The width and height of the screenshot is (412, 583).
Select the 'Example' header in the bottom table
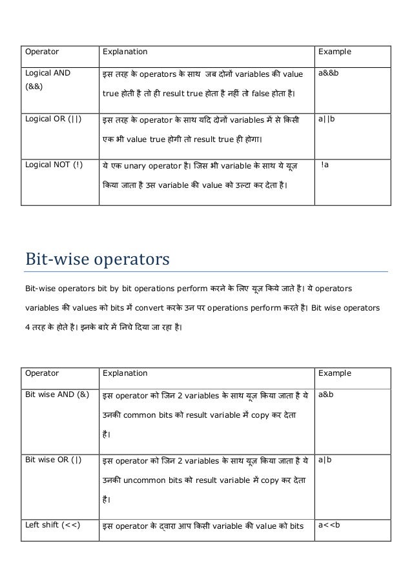point(333,373)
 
